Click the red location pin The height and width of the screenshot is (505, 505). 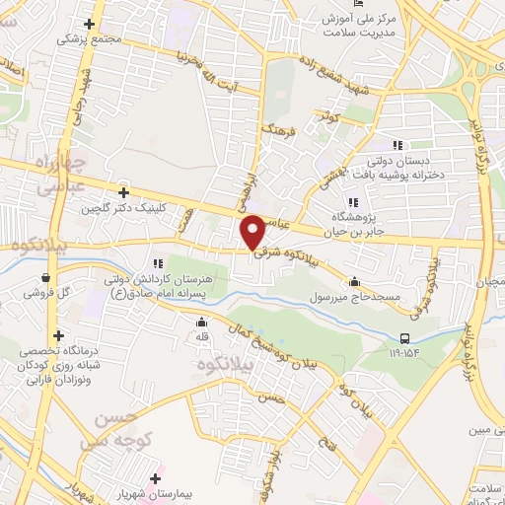click(x=253, y=232)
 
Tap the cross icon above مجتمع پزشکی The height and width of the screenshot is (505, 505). click(x=89, y=24)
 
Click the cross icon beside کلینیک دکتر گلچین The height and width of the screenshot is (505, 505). click(x=123, y=192)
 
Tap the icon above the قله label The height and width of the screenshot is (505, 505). click(x=202, y=322)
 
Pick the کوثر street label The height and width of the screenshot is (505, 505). click(x=327, y=117)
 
